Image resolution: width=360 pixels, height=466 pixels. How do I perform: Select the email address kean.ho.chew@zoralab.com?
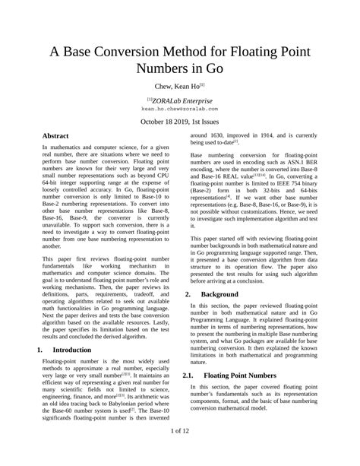(x=180, y=109)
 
